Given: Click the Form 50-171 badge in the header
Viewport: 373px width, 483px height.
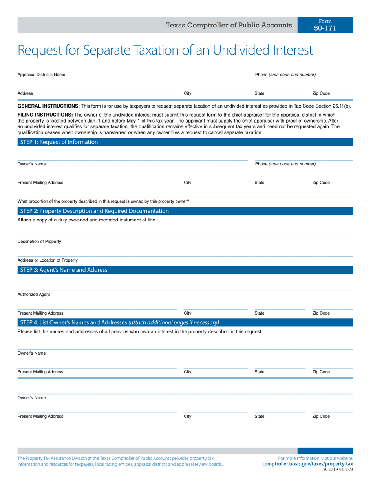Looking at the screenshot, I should [325, 25].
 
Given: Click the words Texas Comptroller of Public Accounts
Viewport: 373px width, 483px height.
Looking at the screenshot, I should [229, 25].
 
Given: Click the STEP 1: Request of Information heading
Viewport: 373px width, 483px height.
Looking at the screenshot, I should [59, 142].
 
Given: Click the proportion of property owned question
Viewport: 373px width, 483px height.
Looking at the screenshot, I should [103, 201].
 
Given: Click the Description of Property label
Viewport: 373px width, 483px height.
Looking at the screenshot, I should [39, 241].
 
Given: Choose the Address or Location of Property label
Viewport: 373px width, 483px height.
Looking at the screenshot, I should [42, 260].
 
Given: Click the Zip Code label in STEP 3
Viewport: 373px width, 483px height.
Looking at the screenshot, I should [321, 313].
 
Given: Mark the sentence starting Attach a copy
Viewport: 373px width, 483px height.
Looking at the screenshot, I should [87, 220].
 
